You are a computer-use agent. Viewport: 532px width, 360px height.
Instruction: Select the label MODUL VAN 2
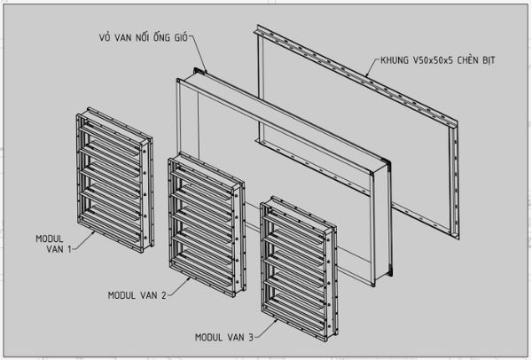(137, 294)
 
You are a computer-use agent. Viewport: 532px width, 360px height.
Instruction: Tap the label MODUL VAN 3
(223, 337)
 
